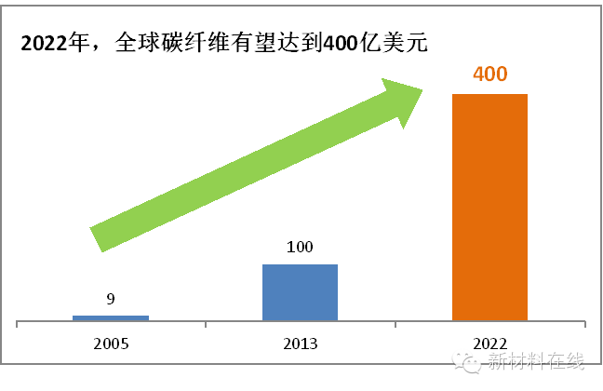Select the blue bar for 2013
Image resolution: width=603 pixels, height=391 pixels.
(x=300, y=292)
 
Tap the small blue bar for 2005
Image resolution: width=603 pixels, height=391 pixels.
(x=110, y=317)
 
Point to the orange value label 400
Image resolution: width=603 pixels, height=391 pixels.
(x=489, y=74)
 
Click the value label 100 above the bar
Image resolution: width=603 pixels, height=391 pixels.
(x=300, y=248)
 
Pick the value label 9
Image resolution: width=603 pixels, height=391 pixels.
(x=110, y=299)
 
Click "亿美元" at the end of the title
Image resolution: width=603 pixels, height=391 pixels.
(x=395, y=44)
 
